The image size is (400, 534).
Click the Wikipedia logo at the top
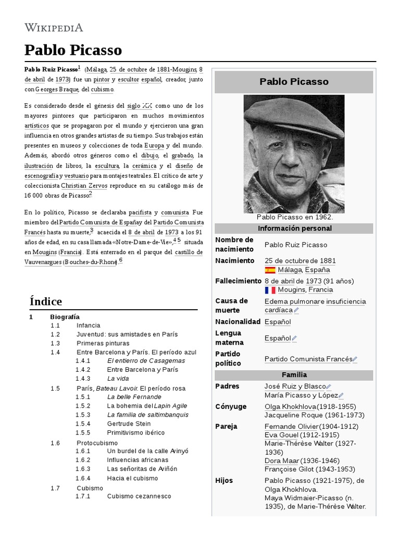click(54, 28)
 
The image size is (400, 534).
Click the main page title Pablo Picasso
click(73, 50)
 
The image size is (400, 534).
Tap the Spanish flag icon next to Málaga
click(270, 270)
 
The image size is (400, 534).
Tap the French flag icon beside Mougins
click(270, 290)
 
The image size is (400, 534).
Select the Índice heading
click(46, 301)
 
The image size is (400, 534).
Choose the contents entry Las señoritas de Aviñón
click(139, 469)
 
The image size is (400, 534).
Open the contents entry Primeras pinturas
click(103, 343)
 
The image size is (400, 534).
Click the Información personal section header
click(294, 228)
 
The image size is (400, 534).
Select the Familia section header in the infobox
click(294, 375)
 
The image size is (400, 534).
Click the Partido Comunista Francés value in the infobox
click(308, 359)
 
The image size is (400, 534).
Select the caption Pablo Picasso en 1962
click(294, 217)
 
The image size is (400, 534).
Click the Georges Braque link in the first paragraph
click(57, 89)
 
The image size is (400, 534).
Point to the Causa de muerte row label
click(232, 306)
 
